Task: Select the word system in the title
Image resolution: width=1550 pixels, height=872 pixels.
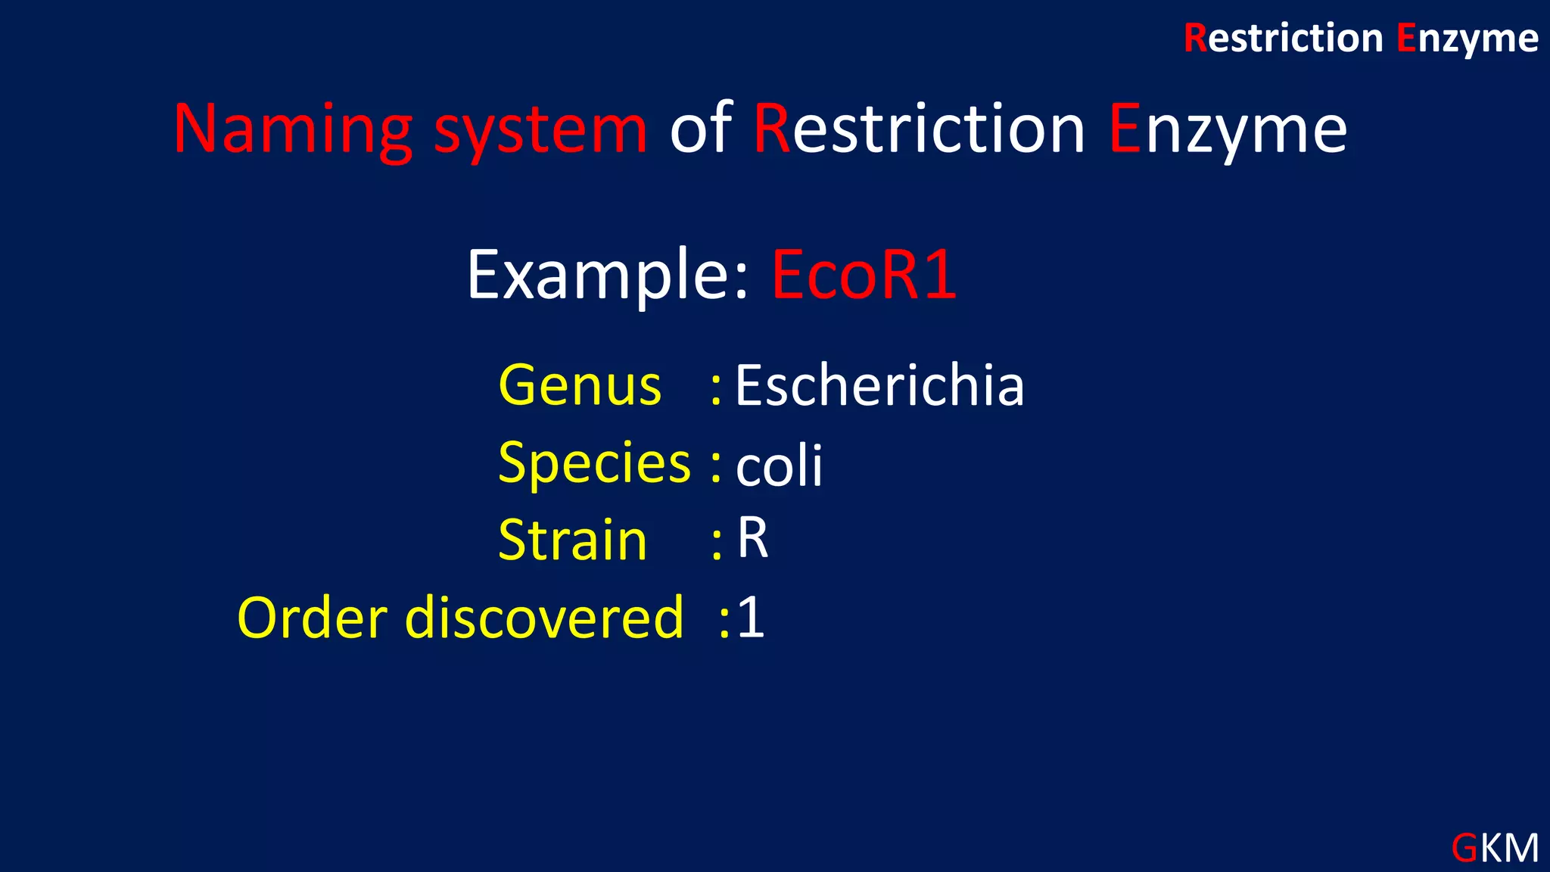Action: tap(540, 130)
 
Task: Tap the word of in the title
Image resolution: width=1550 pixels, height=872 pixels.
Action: tap(701, 129)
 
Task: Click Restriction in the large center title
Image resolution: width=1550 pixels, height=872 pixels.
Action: tap(920, 129)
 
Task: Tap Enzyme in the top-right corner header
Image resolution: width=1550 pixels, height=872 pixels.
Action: tap(1467, 39)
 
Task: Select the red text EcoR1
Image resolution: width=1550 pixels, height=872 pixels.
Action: tap(864, 276)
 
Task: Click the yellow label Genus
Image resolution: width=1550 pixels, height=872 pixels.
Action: tap(580, 386)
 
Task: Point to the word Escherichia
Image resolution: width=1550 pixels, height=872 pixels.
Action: tap(879, 386)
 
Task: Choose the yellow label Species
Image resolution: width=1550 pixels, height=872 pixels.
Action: tap(594, 463)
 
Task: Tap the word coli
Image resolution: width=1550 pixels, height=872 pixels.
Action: tap(779, 466)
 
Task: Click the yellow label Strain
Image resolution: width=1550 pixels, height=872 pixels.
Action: tap(572, 540)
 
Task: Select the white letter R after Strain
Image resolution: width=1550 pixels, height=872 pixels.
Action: tap(753, 539)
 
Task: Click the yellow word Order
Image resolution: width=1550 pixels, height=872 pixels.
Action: tap(313, 618)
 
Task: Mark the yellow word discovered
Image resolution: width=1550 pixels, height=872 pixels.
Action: tap(544, 618)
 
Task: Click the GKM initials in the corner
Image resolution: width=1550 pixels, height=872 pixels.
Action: tap(1495, 848)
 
